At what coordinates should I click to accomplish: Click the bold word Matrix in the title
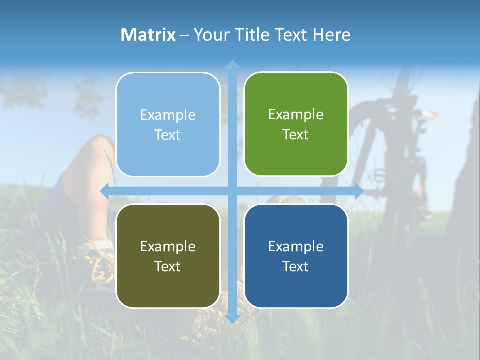click(148, 35)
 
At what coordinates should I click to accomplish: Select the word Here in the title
click(331, 35)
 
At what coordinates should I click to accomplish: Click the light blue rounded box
click(168, 124)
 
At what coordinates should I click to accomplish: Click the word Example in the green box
click(296, 115)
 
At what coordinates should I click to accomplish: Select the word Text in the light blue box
click(168, 135)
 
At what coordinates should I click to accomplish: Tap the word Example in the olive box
click(168, 246)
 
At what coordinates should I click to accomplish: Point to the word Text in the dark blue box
click(296, 266)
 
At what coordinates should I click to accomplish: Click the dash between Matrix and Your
click(184, 35)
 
